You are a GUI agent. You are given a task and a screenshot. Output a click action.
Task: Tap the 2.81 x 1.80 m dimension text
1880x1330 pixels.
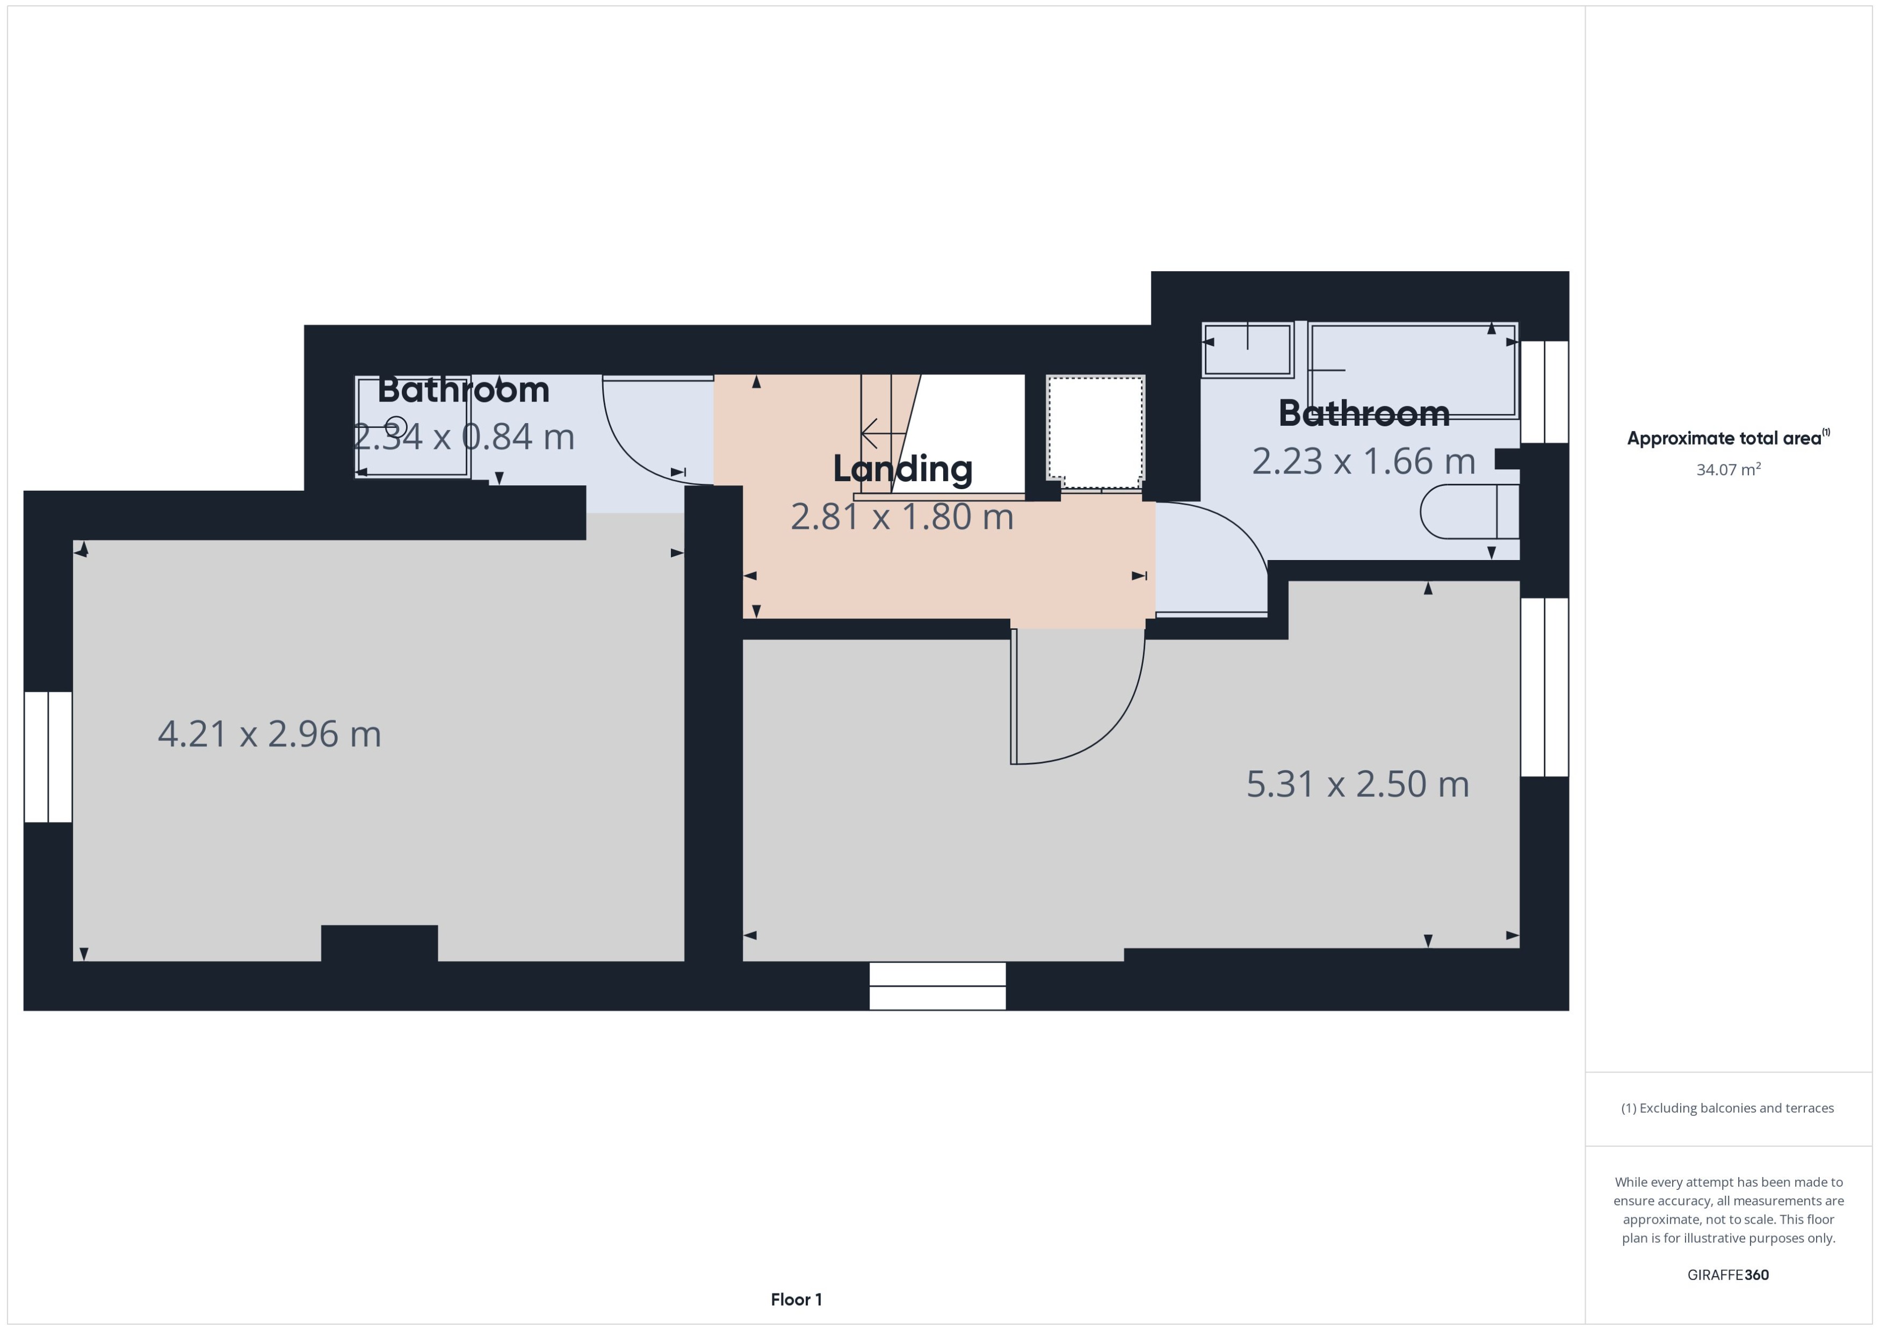click(902, 517)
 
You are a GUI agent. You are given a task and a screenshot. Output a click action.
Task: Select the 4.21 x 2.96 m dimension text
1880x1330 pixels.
click(270, 734)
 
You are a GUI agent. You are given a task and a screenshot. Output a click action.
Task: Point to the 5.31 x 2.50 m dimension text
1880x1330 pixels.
click(1357, 784)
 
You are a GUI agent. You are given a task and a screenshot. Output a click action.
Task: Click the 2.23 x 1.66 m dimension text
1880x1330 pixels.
click(1363, 462)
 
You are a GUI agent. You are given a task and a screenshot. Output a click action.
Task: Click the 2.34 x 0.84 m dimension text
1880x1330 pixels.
click(464, 437)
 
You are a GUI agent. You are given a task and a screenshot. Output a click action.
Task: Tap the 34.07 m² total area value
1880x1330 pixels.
click(1727, 470)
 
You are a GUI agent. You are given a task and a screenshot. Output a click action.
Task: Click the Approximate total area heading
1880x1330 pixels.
click(1724, 438)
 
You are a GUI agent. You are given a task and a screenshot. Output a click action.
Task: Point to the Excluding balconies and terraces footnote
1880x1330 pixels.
click(1727, 1108)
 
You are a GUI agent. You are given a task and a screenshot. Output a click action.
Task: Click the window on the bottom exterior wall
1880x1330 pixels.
click(937, 986)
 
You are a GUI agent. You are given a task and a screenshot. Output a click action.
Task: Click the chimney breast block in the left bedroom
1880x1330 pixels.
click(379, 943)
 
